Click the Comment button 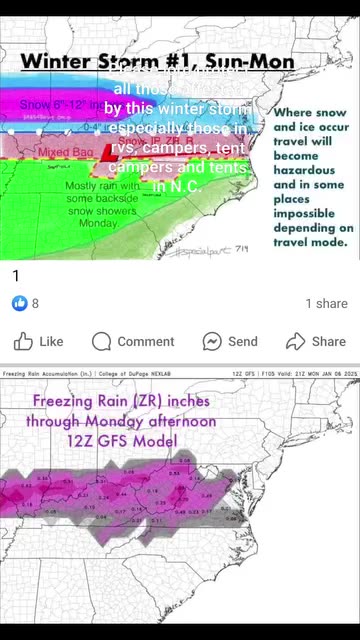[133, 341]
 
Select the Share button [316, 341]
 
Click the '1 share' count [326, 303]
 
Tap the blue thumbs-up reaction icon [19, 303]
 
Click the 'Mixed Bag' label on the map [65, 153]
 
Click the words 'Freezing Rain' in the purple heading [84, 402]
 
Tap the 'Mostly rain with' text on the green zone [103, 187]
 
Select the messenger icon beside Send [212, 341]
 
